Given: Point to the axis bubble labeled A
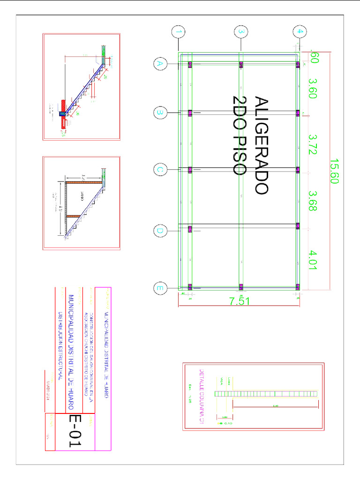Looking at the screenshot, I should pyautogui.click(x=160, y=64).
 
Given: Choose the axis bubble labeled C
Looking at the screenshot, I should pyautogui.click(x=160, y=170).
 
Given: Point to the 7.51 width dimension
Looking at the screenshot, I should pyautogui.click(x=240, y=302).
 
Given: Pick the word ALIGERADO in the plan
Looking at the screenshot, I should pyautogui.click(x=262, y=145).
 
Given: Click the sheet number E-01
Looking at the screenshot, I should pyautogui.click(x=75, y=430).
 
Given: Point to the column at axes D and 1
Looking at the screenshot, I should pyautogui.click(x=190, y=229).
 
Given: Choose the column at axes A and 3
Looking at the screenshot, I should pyautogui.click(x=241, y=65).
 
